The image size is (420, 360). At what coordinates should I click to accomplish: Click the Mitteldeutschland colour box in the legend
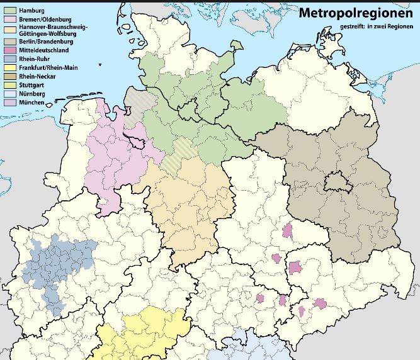[10, 49]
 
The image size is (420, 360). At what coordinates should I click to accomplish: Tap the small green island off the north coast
[236, 45]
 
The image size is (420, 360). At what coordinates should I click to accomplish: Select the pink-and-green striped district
[135, 104]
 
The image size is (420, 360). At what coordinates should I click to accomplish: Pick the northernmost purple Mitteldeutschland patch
[288, 230]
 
